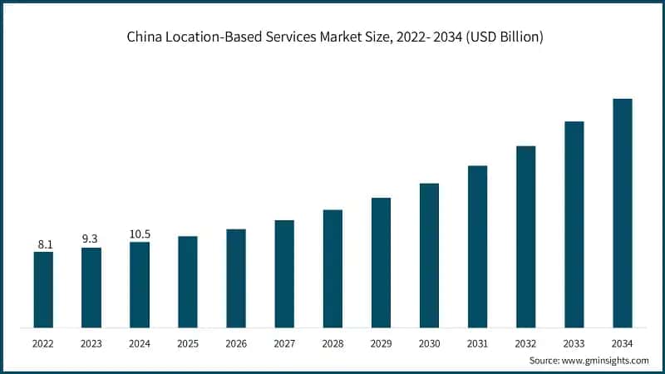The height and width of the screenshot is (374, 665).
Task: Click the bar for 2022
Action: [x=43, y=289]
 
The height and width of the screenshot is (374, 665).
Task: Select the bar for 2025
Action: [x=188, y=282]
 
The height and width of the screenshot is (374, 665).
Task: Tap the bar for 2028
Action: [x=332, y=268]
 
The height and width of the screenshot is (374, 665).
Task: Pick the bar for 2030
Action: [x=429, y=255]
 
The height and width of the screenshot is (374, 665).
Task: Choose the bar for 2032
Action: [x=525, y=237]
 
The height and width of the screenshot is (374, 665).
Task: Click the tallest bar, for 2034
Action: [x=622, y=213]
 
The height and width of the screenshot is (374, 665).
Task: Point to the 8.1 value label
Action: [x=45, y=244]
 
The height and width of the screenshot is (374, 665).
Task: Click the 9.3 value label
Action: [x=91, y=239]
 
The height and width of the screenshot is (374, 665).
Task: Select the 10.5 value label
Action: [x=140, y=234]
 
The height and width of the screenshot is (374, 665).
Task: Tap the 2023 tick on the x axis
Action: [x=91, y=343]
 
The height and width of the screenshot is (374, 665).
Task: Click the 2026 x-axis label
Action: [x=236, y=343]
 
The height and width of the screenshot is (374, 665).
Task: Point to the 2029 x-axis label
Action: [x=381, y=343]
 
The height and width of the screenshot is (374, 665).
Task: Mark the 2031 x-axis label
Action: [x=477, y=343]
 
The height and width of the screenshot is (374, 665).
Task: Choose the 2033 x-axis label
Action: [x=574, y=343]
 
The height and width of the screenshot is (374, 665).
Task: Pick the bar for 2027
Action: [x=284, y=273]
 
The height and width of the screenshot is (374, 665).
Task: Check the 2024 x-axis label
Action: [x=140, y=343]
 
